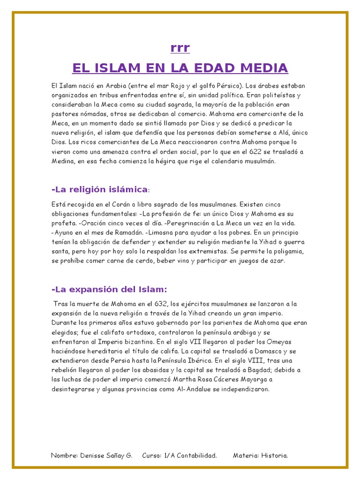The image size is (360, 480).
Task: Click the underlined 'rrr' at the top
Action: point(180,48)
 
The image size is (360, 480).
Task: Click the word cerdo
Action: point(167,261)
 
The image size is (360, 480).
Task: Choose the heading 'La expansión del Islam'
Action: point(109,289)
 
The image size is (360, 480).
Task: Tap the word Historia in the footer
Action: point(274,455)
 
